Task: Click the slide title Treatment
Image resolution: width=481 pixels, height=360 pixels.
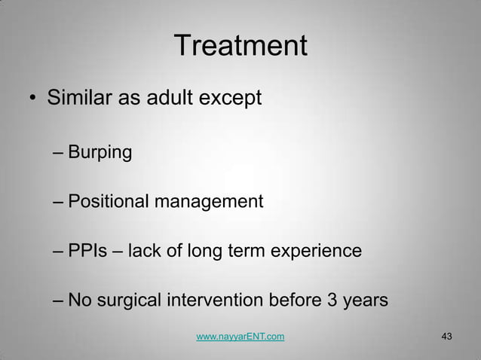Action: (240, 47)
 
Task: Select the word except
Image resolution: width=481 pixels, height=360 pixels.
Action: (231, 99)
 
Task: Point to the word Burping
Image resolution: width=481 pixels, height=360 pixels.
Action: (100, 154)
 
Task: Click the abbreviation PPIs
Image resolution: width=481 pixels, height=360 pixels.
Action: (87, 251)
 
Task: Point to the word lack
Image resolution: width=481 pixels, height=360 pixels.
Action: (145, 251)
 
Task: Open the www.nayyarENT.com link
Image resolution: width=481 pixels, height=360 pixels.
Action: (240, 337)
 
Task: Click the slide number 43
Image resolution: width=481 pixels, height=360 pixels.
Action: (445, 336)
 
